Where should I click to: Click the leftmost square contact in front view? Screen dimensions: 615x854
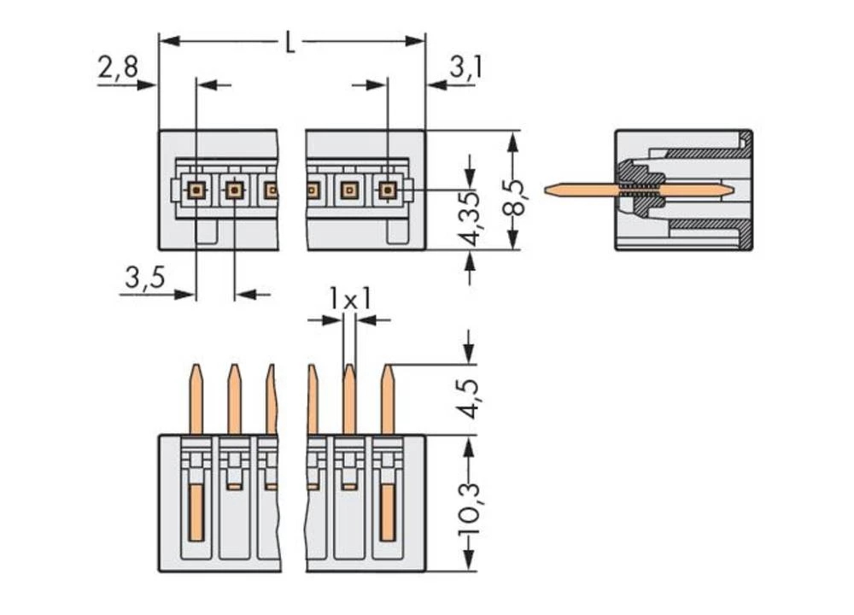point(196,190)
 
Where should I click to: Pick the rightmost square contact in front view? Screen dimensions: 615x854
point(388,190)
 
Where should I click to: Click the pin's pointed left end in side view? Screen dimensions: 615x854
point(549,190)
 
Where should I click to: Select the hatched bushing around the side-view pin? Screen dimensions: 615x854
point(642,190)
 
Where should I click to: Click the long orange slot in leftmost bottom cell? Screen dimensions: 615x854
point(196,511)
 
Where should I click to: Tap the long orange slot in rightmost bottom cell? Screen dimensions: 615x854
point(388,511)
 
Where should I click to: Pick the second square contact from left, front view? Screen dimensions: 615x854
point(234,190)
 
